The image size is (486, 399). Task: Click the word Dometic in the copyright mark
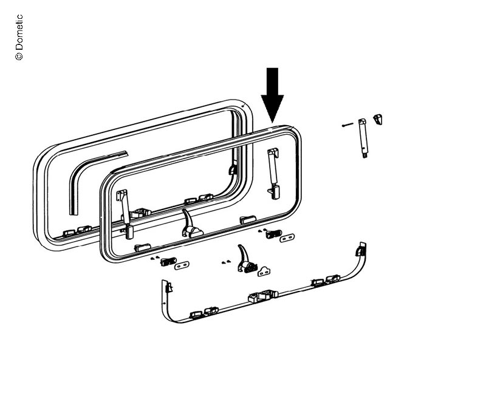19,32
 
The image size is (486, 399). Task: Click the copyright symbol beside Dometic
19,56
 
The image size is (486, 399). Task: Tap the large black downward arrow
272,95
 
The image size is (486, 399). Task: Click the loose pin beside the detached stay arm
347,125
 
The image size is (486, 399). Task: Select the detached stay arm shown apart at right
363,138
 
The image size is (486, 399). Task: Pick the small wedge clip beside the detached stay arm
378,119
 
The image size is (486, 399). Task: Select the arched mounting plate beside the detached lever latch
264,271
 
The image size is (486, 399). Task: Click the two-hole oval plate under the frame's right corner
287,238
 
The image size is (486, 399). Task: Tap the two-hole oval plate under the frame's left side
182,265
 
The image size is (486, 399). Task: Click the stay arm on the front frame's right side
273,173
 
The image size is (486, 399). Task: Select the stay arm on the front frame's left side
125,214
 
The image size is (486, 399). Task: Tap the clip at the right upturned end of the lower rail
360,250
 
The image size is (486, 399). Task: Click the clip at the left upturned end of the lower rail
168,287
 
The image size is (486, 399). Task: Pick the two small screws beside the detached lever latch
226,262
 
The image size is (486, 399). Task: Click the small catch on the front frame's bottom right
248,219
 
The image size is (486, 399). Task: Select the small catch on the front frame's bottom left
142,247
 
